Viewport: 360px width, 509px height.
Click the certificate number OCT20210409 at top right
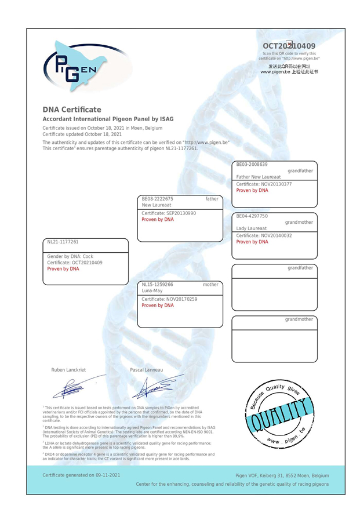289,46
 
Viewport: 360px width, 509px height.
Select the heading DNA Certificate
72,110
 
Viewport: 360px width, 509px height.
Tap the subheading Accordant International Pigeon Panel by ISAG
108,119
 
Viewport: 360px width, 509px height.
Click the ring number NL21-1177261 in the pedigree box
63,242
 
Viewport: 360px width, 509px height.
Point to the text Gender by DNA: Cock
70,256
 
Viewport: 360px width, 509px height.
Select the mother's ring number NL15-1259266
157,285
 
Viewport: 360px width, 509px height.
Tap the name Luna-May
152,291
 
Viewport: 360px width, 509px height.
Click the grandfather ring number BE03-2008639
252,165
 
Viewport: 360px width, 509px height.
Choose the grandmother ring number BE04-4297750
252,216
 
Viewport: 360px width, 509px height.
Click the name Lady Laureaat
251,228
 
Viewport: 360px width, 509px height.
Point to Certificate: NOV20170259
169,299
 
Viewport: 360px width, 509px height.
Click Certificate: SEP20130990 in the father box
169,213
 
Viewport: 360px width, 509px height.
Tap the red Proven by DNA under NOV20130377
252,190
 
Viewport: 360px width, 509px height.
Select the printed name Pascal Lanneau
147,369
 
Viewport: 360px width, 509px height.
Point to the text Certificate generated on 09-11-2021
81,475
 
